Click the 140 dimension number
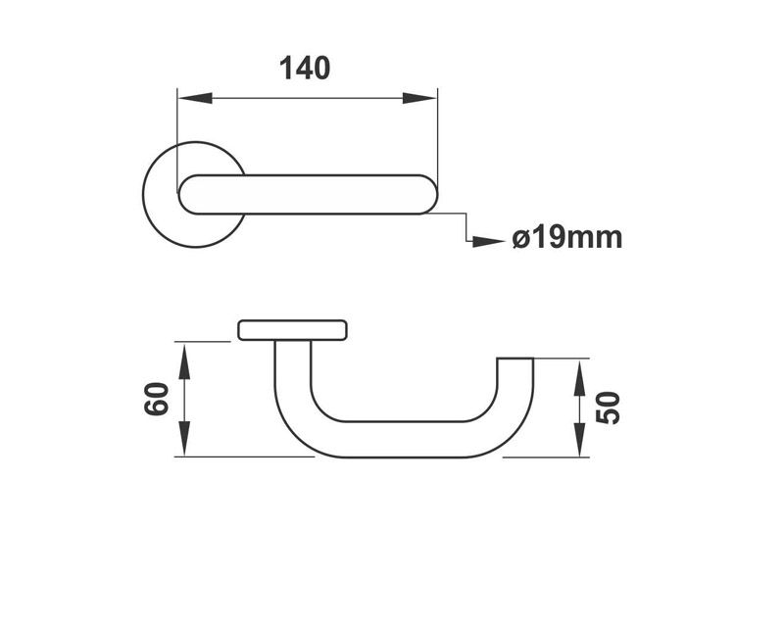click(305, 69)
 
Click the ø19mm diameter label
click(567, 238)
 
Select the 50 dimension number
click(610, 407)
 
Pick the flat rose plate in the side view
click(292, 329)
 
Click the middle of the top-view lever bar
click(306, 194)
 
